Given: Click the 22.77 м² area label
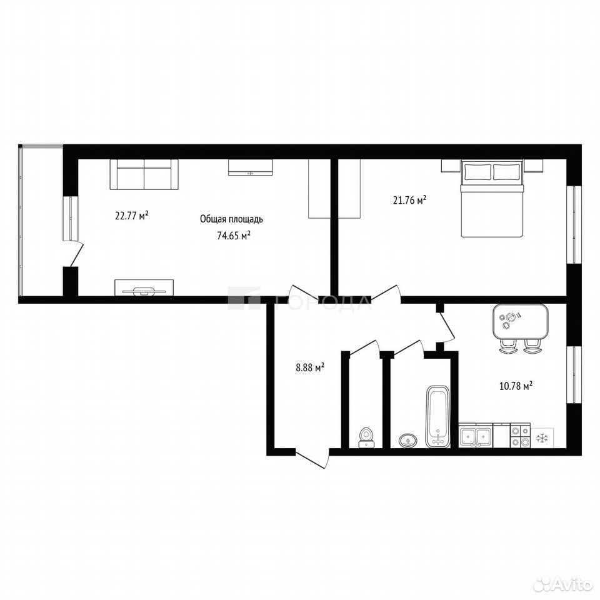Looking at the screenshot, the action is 132,216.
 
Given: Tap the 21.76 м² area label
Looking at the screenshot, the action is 410,200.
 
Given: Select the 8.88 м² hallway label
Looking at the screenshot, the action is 310,367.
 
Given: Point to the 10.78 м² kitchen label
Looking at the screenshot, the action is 516,386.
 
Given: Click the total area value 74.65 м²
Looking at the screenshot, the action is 234,236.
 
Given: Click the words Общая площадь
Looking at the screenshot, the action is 231,219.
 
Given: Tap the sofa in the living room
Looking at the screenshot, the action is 144,174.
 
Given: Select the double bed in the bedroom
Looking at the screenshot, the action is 492,198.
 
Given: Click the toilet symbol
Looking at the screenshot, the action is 367,437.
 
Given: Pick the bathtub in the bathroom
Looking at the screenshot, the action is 437,416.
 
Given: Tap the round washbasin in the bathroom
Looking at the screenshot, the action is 408,441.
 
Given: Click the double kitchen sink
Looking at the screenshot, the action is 476,436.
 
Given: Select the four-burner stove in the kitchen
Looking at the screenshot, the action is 521,436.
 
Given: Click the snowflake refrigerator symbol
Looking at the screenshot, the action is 541,438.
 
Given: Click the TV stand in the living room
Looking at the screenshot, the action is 144,287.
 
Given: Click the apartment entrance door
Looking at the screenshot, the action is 312,458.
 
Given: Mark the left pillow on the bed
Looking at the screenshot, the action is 477,172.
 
